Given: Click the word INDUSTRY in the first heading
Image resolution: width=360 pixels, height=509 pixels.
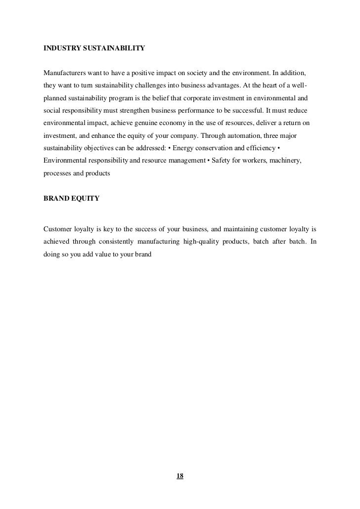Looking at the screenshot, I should coord(61,49).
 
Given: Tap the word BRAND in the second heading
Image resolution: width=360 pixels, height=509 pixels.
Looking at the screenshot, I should coord(55,198).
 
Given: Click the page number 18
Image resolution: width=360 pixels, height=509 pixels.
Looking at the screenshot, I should coord(180,476).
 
